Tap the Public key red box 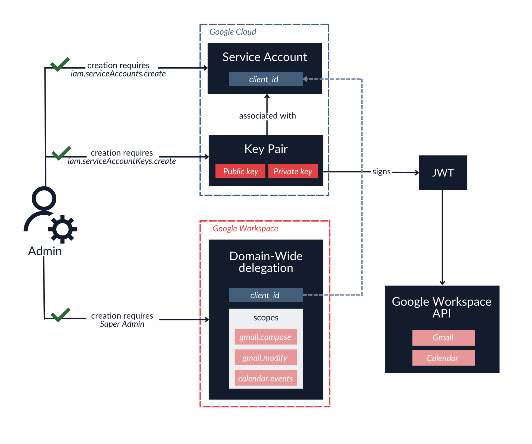tap(240, 171)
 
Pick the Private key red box tap(293, 171)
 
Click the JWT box tap(443, 172)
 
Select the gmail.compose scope tap(265, 337)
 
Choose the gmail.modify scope tap(265, 358)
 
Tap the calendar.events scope tap(265, 378)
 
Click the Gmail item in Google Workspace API tap(443, 337)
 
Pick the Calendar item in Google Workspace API tap(443, 358)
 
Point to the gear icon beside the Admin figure tap(62, 229)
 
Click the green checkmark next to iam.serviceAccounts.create tap(60, 64)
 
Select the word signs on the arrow tap(381, 171)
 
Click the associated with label tap(267, 115)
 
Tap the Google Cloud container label tap(232, 32)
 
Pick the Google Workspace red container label tap(245, 228)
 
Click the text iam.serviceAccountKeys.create tap(122, 161)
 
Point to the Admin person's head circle tap(44, 199)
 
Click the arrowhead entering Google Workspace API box tap(442, 283)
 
